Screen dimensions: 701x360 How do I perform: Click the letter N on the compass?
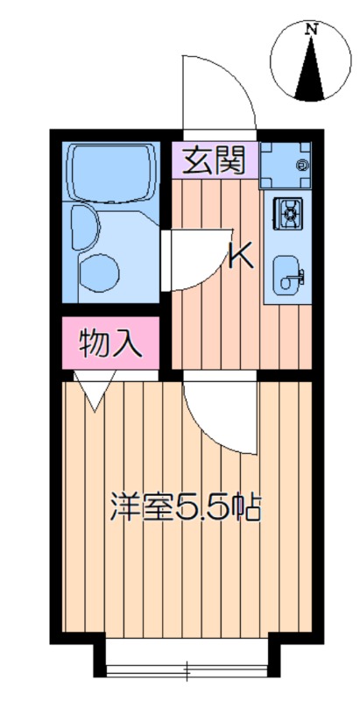coord(310,30)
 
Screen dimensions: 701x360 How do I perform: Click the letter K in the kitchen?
coord(241,255)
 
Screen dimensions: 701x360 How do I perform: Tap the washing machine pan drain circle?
coord(302,164)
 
